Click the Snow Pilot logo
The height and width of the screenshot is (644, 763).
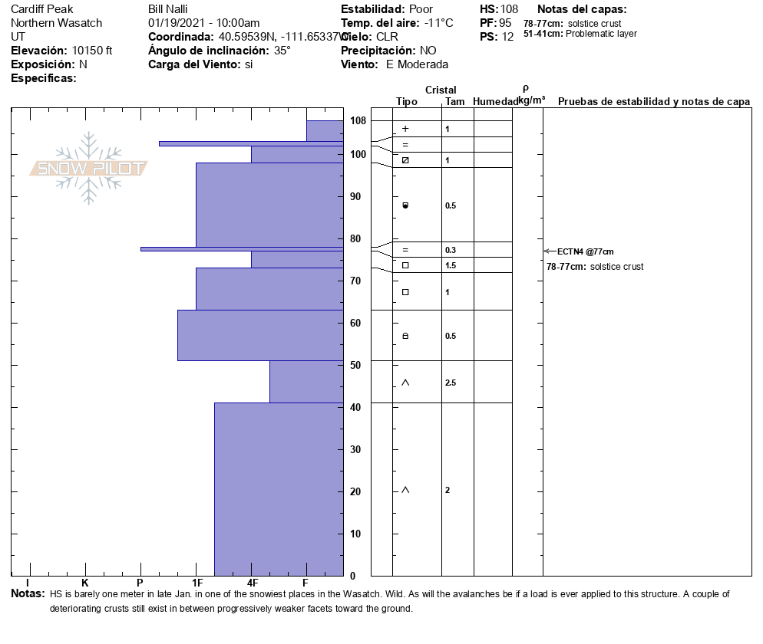pos(89,168)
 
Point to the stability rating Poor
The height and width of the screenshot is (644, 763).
pos(421,9)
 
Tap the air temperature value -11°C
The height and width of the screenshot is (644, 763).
pos(439,23)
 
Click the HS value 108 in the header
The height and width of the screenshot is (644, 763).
pos(510,9)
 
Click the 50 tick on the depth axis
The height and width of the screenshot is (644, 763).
pos(355,365)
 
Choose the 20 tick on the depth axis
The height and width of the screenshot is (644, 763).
pos(355,491)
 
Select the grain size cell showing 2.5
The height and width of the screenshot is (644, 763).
pos(451,383)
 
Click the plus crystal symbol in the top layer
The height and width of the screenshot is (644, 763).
pos(405,129)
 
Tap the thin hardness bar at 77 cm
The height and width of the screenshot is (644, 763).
pos(242,248)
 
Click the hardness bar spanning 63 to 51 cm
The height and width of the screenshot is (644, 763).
pos(260,335)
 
